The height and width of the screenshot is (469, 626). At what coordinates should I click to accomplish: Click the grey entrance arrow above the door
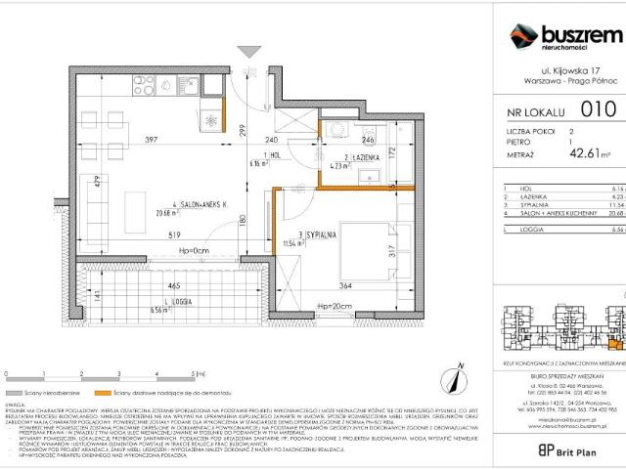[250, 52]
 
